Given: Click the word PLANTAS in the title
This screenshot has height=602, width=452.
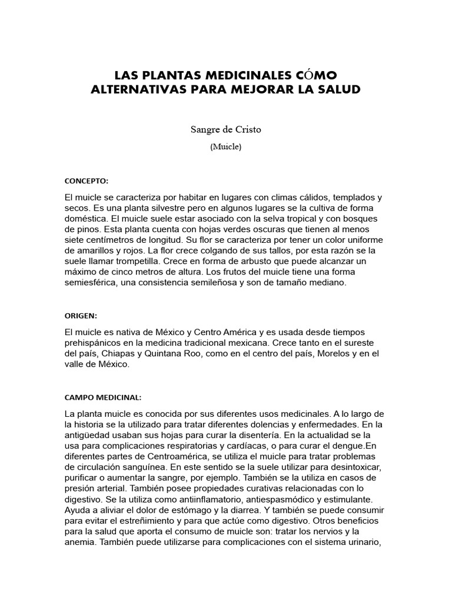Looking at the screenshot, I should point(162,75).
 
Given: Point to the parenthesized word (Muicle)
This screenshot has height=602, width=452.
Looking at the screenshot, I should point(225,148).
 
